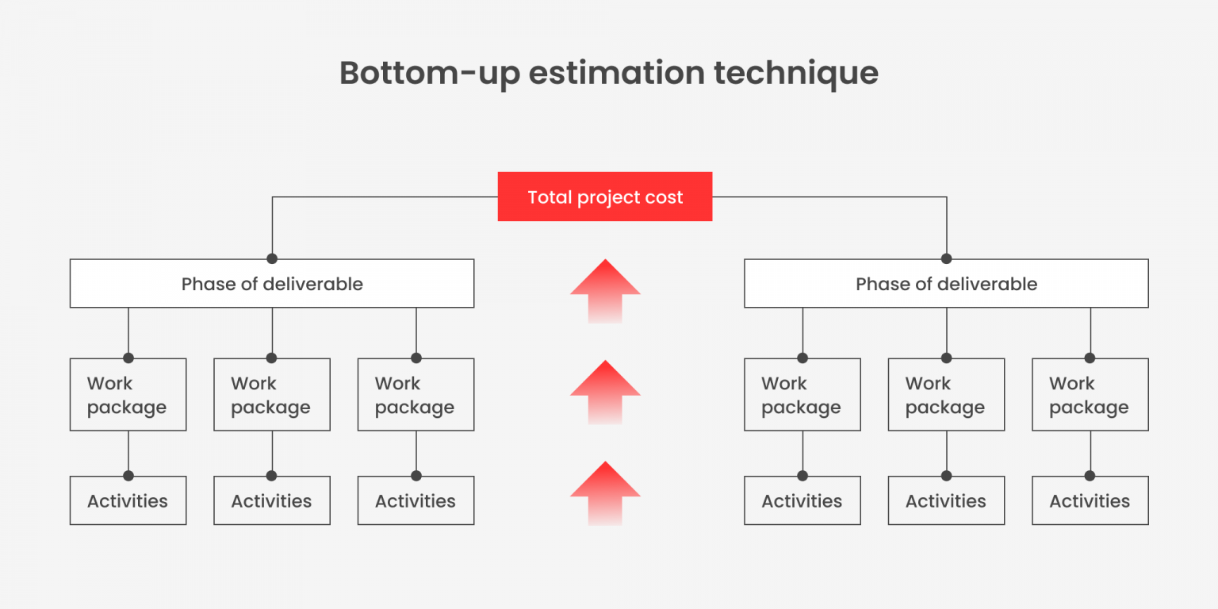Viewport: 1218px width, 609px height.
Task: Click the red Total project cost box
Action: click(604, 197)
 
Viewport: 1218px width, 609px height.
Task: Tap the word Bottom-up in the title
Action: click(429, 73)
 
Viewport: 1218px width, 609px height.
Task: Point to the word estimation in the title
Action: click(616, 73)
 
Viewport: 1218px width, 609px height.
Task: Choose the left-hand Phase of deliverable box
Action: click(272, 284)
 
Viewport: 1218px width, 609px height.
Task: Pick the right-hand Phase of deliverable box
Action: click(946, 284)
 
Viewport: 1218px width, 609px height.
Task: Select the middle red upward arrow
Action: click(605, 392)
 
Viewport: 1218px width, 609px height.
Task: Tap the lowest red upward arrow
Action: click(605, 492)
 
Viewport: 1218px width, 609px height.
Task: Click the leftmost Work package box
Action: click(128, 395)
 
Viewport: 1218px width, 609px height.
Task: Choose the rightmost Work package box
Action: click(1090, 395)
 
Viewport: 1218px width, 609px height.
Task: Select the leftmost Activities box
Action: click(128, 501)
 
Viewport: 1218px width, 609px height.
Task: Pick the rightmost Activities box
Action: click(1090, 501)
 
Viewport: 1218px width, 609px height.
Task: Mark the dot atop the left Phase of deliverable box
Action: click(272, 259)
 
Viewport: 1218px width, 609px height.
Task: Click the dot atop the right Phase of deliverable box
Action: click(946, 259)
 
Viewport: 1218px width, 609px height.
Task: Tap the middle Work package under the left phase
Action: click(272, 395)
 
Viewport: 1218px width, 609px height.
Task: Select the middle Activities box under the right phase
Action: click(946, 501)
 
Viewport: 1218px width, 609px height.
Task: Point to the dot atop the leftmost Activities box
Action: click(128, 476)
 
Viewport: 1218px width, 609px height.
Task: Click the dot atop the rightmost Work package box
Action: click(1090, 358)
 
